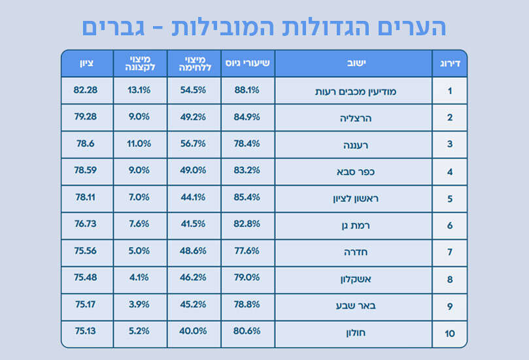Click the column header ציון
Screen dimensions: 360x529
click(87, 63)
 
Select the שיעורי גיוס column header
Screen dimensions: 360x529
click(248, 63)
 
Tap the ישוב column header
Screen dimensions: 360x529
click(353, 63)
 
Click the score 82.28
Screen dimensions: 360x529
click(86, 90)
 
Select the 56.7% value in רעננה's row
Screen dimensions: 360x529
click(194, 144)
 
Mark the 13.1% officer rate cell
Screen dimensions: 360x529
click(139, 90)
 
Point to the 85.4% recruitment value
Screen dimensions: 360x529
click(247, 197)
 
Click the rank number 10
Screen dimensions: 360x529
click(450, 334)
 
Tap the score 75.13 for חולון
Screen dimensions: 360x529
click(86, 331)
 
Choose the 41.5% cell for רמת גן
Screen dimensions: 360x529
click(194, 223)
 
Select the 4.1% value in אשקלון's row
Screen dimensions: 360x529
click(139, 277)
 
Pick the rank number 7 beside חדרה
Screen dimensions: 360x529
click(450, 253)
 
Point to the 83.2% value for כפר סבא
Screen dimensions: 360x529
click(247, 170)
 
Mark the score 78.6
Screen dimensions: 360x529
click(86, 144)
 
